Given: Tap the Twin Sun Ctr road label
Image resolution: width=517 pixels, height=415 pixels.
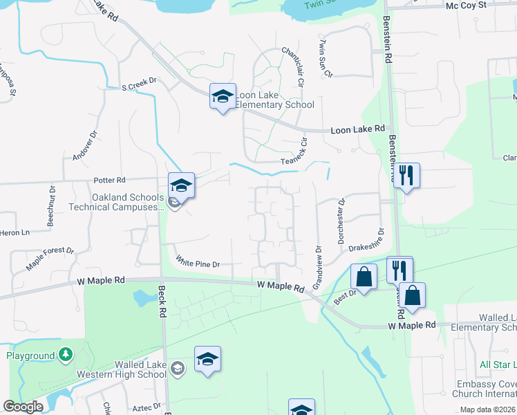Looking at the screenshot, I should click(324, 58).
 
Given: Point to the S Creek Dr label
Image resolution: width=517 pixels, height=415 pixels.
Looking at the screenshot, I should click(140, 85).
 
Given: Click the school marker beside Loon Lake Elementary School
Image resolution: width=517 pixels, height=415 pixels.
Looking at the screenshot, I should click(223, 98).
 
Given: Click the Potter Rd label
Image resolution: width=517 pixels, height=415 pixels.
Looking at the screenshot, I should click(109, 180).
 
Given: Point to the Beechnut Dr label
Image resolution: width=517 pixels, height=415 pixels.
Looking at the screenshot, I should click(51, 206).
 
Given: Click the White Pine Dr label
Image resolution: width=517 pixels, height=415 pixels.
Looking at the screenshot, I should click(197, 263).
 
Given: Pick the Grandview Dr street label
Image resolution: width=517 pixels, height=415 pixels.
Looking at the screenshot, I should click(317, 267).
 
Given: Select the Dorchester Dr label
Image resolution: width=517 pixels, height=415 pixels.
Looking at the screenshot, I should click(341, 221).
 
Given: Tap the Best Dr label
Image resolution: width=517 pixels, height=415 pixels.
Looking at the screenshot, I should click(344, 294).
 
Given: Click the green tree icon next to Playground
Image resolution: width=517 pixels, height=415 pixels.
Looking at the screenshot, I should click(66, 355).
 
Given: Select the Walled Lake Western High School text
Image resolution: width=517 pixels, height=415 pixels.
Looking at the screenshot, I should click(132, 369).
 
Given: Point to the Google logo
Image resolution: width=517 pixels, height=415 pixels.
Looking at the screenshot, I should click(23, 407).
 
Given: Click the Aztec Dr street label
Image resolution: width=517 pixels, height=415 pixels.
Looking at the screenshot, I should click(147, 406).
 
